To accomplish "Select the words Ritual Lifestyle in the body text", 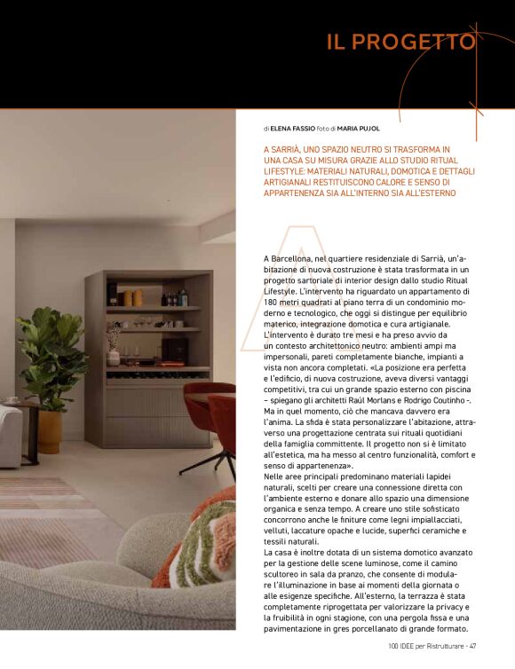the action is (x=454, y=279).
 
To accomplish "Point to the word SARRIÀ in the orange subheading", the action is (x=296, y=150).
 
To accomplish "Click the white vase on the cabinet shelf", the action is (x=113, y=358).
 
